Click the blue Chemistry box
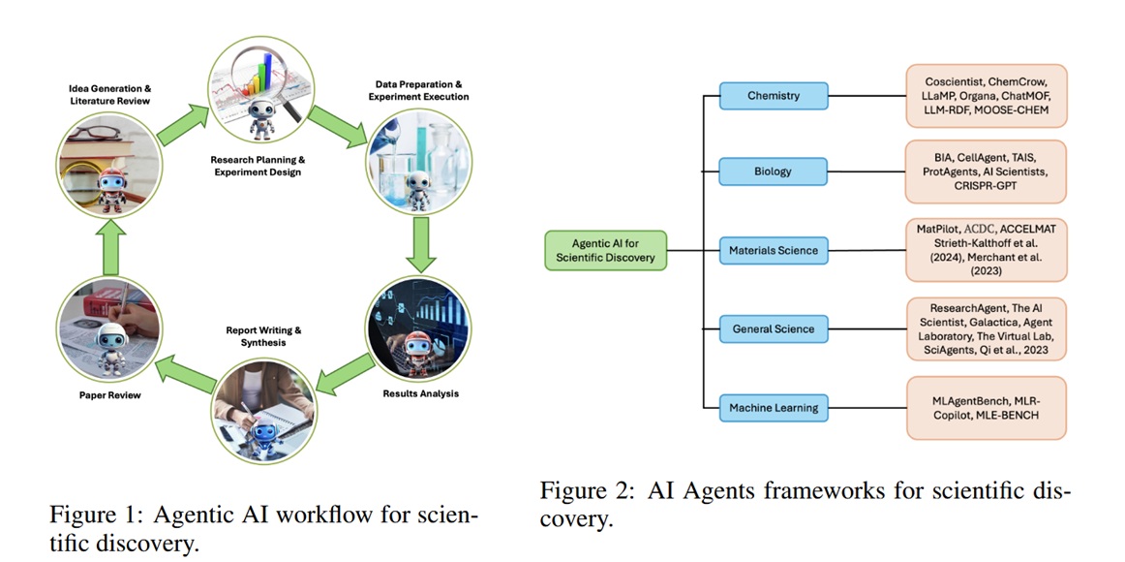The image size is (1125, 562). coord(774,96)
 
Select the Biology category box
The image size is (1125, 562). coord(774,172)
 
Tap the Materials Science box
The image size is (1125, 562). coord(774,250)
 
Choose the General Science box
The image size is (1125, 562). coord(774,328)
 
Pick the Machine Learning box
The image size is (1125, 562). coord(774,408)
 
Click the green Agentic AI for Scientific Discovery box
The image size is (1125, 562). coord(605,250)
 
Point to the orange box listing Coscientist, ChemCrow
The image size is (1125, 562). coord(986,96)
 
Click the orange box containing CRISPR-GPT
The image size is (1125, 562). coord(986,172)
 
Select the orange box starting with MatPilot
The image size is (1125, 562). coord(986,250)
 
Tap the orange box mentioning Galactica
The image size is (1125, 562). coord(986,328)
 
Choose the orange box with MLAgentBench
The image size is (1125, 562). coord(986,408)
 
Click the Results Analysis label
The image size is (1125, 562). coord(420,393)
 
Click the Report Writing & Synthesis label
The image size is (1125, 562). coord(257,335)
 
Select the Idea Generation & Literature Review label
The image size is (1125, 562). coord(109,95)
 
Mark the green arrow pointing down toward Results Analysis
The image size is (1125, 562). coord(419,245)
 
